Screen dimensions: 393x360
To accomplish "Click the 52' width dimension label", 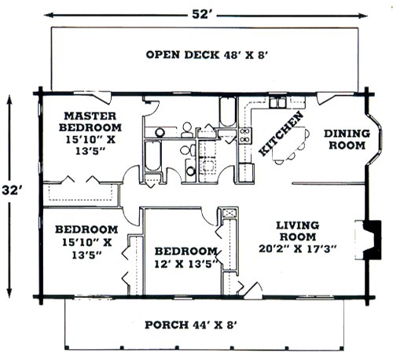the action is (200, 14).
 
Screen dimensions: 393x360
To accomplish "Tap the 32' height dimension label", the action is (10, 190).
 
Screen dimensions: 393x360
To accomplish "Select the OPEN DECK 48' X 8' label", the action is (207, 55).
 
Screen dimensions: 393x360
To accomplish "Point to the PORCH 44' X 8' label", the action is (191, 325).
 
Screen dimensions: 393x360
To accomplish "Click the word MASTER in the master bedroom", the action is (90, 116).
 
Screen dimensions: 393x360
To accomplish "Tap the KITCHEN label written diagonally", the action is (281, 134).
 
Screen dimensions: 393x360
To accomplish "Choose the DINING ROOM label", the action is (347, 139).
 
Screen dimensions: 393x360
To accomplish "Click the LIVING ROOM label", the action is (298, 231).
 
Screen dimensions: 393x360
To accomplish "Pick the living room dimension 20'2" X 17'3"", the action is (297, 248).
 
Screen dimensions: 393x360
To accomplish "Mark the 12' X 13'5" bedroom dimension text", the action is (186, 264).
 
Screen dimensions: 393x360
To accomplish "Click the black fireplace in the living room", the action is (372, 240).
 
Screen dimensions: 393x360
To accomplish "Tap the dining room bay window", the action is (375, 139).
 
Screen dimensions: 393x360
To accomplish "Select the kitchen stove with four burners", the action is (245, 135).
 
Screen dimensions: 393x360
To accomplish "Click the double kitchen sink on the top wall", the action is (278, 102).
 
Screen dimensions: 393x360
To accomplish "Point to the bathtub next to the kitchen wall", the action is (227, 112).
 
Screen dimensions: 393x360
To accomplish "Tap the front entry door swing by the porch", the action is (253, 291).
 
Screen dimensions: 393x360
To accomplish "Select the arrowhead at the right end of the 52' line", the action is (363, 16).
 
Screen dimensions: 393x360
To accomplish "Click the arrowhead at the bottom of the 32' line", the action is (9, 292).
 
